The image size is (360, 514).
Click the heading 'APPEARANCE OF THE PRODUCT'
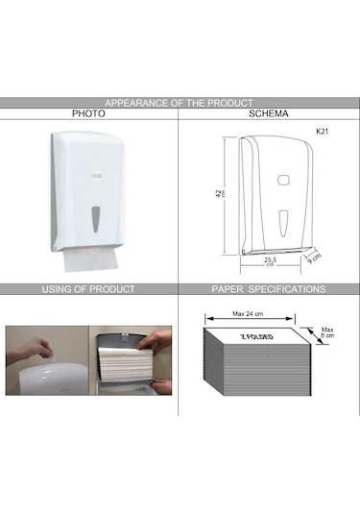[179, 103]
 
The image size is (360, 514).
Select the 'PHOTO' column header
[88, 113]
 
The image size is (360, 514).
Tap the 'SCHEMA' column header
[268, 113]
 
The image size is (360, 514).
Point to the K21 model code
[322, 132]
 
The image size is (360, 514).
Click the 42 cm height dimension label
[221, 193]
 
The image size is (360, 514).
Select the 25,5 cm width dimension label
[271, 261]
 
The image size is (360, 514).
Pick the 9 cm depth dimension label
[314, 258]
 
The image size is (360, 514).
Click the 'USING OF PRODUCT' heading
[88, 289]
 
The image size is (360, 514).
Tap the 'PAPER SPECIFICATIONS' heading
[269, 289]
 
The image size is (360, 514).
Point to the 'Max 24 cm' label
[248, 314]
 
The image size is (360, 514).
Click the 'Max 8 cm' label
[327, 332]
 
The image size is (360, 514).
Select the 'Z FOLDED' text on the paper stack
[257, 337]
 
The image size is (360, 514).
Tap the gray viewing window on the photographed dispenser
[95, 219]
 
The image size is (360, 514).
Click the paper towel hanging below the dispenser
[90, 260]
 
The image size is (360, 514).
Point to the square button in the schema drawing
[282, 181]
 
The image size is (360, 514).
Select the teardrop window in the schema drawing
[283, 223]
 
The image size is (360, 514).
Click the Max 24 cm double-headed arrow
[250, 318]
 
